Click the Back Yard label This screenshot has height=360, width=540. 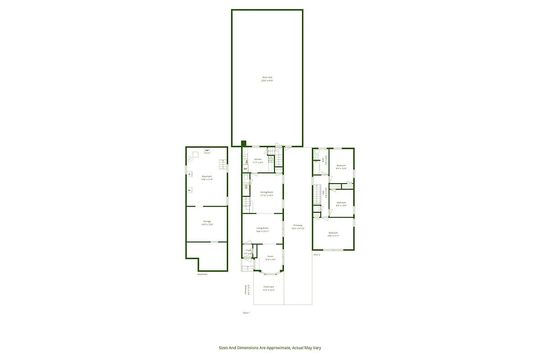(x=267, y=77)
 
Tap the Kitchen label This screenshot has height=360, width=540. (x=258, y=159)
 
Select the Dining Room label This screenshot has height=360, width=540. (x=267, y=192)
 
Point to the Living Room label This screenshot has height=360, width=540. (x=262, y=228)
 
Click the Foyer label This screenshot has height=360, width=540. (x=248, y=250)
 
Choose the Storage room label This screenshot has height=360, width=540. (x=207, y=221)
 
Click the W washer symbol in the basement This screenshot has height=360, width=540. (x=189, y=190)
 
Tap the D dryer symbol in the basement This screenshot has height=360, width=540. (x=189, y=174)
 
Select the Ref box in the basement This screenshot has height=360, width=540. (x=207, y=150)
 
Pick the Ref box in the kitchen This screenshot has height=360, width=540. (x=246, y=169)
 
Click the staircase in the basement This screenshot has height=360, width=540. (x=222, y=164)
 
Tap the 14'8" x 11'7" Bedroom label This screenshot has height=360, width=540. (x=333, y=233)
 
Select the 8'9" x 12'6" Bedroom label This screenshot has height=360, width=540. (x=341, y=166)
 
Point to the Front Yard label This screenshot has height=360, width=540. (x=269, y=287)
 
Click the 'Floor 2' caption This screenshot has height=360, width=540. (x=317, y=255)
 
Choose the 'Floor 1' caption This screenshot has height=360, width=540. (x=246, y=313)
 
